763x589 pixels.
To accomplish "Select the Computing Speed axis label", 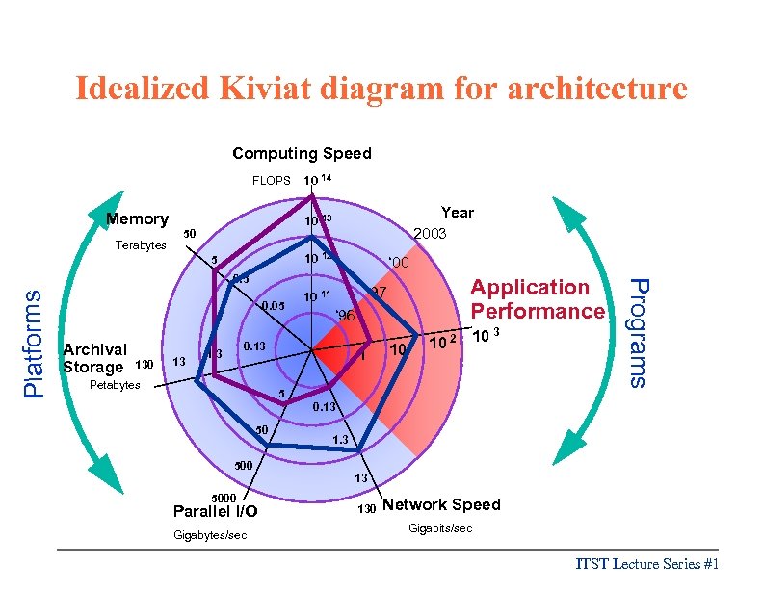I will pyautogui.click(x=302, y=153).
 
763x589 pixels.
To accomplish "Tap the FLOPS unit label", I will pyautogui.click(x=271, y=180).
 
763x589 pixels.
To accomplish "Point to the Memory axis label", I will pyautogui.click(x=137, y=219).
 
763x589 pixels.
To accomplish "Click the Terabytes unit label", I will pyautogui.click(x=141, y=245).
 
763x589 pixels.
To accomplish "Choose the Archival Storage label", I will pyautogui.click(x=94, y=358).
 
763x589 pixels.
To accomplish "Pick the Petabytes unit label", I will pyautogui.click(x=115, y=385).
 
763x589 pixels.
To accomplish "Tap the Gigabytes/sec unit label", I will pyautogui.click(x=215, y=534).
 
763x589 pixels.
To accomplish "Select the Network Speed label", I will pyautogui.click(x=441, y=504).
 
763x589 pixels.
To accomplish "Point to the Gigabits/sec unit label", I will pyautogui.click(x=440, y=528).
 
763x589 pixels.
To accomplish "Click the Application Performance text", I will pyautogui.click(x=537, y=299).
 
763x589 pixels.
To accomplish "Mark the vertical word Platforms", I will pyautogui.click(x=34, y=343).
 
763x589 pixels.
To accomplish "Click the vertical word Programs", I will pyautogui.click(x=637, y=331).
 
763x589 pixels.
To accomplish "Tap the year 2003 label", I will pyautogui.click(x=431, y=234).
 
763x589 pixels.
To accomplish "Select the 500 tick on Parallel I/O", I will pyautogui.click(x=244, y=466).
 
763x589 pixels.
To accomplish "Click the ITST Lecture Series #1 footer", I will pyautogui.click(x=647, y=565).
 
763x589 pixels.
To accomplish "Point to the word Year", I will pyautogui.click(x=457, y=213).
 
